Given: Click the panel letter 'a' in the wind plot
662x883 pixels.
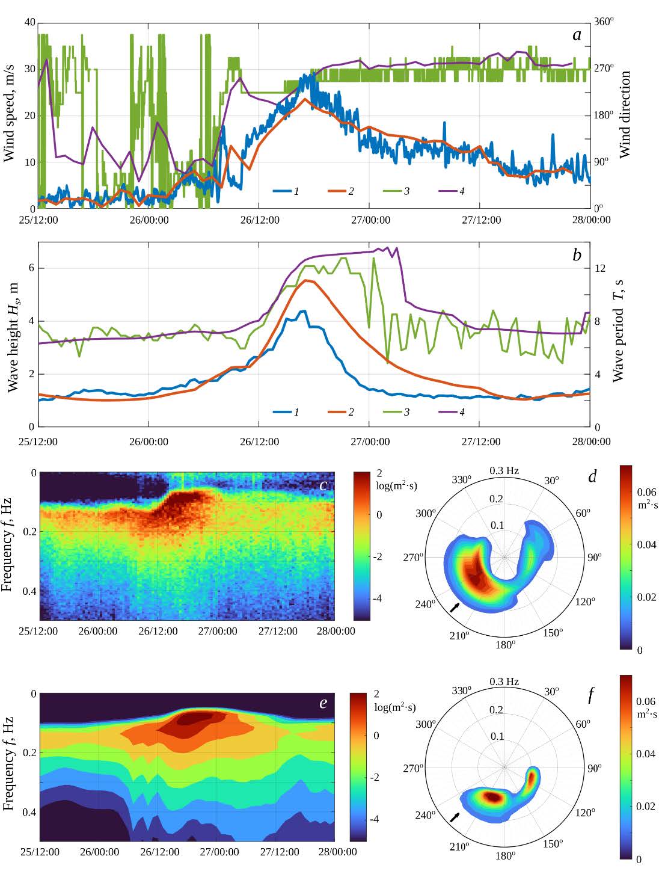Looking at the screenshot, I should pyautogui.click(x=577, y=35).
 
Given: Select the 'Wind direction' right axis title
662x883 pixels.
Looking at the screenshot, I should pyautogui.click(x=625, y=115).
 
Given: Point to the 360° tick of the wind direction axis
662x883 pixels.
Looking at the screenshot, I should pyautogui.click(x=604, y=22).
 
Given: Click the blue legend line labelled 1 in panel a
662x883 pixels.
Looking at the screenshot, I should pyautogui.click(x=282, y=191).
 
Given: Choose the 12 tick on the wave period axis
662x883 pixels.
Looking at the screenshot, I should pyautogui.click(x=600, y=268).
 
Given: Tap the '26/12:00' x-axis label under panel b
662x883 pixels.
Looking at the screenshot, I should pyautogui.click(x=260, y=441).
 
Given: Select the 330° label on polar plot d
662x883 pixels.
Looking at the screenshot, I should pyautogui.click(x=461, y=479).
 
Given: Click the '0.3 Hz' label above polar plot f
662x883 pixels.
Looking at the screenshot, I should pyautogui.click(x=504, y=681).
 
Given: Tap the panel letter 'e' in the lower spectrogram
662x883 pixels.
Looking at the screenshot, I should pyautogui.click(x=323, y=703).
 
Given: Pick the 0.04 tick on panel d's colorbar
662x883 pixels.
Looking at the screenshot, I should pyautogui.click(x=646, y=545).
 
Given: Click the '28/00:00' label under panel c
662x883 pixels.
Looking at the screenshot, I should pyautogui.click(x=336, y=631).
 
